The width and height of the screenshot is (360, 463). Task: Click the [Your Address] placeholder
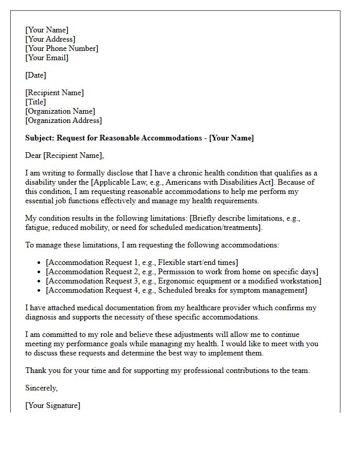point(50,39)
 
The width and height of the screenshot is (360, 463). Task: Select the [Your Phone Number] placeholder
point(62,48)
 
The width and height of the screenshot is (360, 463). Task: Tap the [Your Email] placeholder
point(47,58)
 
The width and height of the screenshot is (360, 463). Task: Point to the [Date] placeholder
point(35,75)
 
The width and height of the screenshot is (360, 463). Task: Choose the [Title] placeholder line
point(35,102)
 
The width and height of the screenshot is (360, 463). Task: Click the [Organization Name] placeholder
point(60,111)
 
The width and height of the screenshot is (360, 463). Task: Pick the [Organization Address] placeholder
point(63,120)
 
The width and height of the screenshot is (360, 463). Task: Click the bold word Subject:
point(40,138)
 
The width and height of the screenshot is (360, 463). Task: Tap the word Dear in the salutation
point(33,155)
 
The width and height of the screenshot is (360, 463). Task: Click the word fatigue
point(38,227)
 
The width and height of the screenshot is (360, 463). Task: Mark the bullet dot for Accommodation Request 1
point(40,263)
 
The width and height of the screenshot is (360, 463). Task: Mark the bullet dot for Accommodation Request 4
point(40,291)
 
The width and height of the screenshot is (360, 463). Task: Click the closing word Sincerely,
point(42,388)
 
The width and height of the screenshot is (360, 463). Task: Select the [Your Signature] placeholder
point(53,405)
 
